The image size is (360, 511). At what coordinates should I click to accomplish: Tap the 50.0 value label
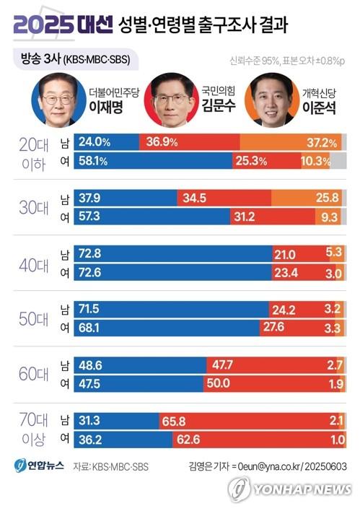tap(221, 383)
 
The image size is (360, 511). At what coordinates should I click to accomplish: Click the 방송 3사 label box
tap(73, 59)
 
